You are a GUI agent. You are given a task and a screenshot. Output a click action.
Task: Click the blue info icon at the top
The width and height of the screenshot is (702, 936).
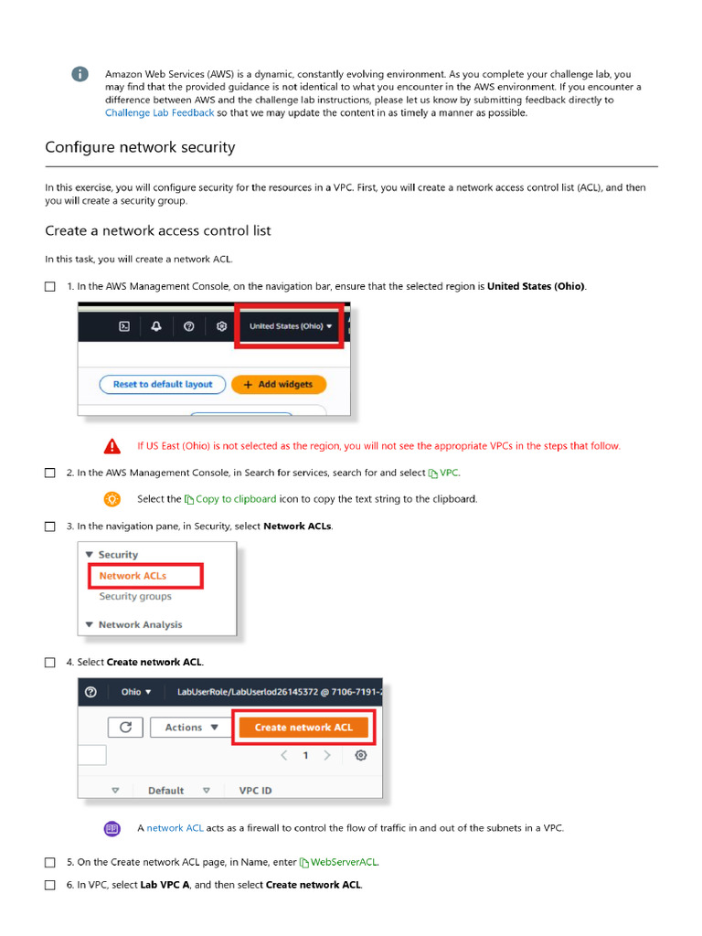[80, 74]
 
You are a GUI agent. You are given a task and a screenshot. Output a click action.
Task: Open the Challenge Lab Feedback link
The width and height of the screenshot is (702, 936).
[159, 113]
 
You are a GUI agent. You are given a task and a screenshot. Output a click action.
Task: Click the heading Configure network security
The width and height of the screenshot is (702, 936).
[140, 147]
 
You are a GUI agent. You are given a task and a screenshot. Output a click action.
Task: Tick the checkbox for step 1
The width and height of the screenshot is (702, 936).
[50, 287]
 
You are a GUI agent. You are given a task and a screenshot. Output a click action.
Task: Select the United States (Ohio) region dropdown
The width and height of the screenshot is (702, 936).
[290, 326]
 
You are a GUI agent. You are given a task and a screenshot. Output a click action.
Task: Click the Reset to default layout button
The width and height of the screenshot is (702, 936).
[162, 385]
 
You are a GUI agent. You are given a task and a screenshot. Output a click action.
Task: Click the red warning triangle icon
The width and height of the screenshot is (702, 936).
[112, 446]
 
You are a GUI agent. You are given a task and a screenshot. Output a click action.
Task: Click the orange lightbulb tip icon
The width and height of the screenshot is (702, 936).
[112, 499]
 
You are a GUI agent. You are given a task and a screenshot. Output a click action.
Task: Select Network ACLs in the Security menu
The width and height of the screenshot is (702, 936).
[133, 576]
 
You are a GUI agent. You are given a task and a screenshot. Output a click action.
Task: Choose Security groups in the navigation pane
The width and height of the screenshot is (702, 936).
[135, 597]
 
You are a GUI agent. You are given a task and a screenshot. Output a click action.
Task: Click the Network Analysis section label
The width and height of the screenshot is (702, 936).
[140, 625]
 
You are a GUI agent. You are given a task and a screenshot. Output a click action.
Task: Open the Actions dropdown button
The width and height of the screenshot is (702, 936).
[191, 728]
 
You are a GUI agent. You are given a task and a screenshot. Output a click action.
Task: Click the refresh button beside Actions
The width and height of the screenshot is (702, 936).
[125, 728]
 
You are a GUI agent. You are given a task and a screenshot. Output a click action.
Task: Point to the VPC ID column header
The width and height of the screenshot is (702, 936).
[255, 791]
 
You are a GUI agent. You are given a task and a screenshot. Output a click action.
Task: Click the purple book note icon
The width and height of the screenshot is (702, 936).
[112, 828]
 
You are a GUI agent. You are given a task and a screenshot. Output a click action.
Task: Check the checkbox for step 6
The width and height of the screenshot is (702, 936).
[50, 886]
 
